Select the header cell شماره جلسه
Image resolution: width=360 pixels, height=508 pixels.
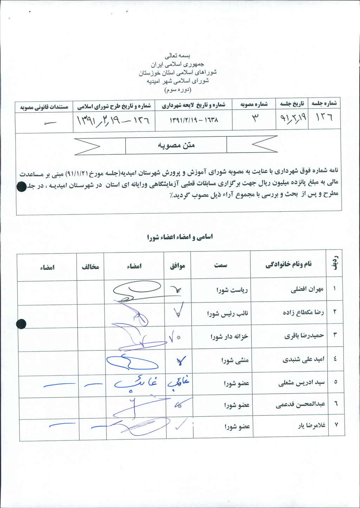[324, 103]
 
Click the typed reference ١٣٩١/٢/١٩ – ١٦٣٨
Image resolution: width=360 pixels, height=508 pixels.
[194, 120]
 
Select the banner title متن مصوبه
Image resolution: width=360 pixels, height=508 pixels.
[176, 145]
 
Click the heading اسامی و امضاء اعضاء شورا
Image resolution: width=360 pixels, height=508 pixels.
[180, 237]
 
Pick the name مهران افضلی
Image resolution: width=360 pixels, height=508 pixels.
[307, 289]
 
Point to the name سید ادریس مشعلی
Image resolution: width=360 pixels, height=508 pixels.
[301, 382]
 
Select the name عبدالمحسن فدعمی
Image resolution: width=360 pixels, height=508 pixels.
[300, 405]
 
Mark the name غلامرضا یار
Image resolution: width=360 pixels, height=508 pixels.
[311, 425]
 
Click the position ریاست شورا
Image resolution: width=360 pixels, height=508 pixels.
[232, 290]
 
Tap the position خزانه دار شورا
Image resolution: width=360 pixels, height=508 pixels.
[229, 337]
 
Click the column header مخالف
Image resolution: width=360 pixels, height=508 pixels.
[90, 267]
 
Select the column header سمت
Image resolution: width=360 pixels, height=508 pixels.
[220, 265]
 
